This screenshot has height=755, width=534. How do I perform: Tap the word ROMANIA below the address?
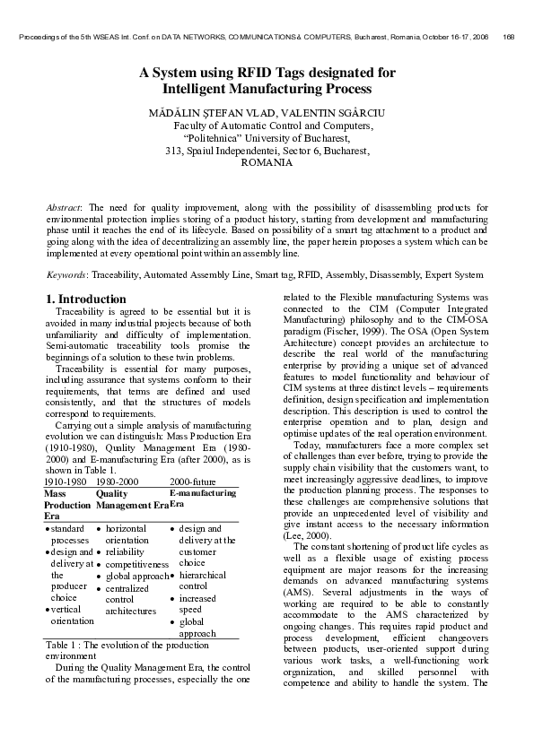coord(267,163)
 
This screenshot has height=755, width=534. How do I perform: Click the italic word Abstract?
coord(63,207)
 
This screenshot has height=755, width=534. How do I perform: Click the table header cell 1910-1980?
coord(65,482)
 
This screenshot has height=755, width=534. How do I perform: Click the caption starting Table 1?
coord(126,671)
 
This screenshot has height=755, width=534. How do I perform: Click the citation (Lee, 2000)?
coord(302,532)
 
